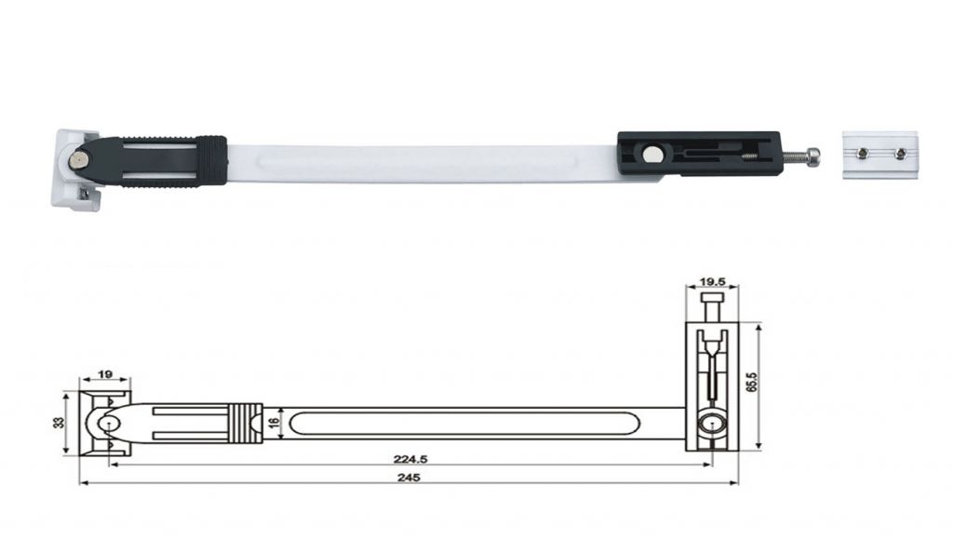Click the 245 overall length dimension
tap(409, 478)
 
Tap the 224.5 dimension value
tap(409, 459)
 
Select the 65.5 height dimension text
tap(751, 381)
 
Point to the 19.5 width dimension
tap(712, 281)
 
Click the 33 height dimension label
tap(59, 422)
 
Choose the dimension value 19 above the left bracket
tap(104, 374)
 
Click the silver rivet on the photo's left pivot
tap(76, 160)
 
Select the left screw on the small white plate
tap(862, 154)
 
